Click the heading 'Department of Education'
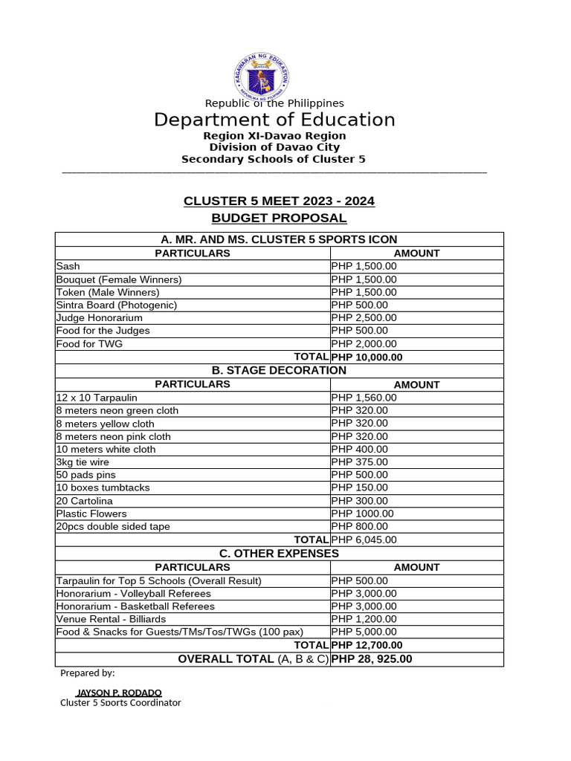click(x=274, y=120)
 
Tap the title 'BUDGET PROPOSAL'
click(x=279, y=218)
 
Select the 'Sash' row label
click(x=68, y=266)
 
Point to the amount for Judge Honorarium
click(x=364, y=317)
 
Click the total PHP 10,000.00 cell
click(x=367, y=357)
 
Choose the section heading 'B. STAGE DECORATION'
click(x=279, y=370)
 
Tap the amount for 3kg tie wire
click(x=360, y=462)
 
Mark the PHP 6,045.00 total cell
click(x=364, y=540)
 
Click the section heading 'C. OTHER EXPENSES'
click(x=279, y=554)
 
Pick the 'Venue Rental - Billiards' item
click(x=112, y=618)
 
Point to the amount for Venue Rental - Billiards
click(x=364, y=618)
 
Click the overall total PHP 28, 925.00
click(x=372, y=659)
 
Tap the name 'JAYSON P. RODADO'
click(x=119, y=693)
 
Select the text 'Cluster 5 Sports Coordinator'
click(x=120, y=702)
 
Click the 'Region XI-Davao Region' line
click(x=274, y=136)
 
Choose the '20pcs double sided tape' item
click(x=113, y=526)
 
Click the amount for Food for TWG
click(x=364, y=344)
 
